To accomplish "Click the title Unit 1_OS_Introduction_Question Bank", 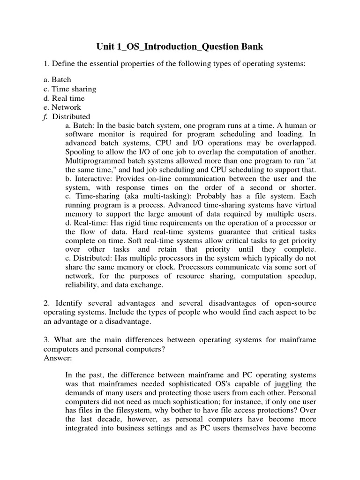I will coord(180,46).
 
